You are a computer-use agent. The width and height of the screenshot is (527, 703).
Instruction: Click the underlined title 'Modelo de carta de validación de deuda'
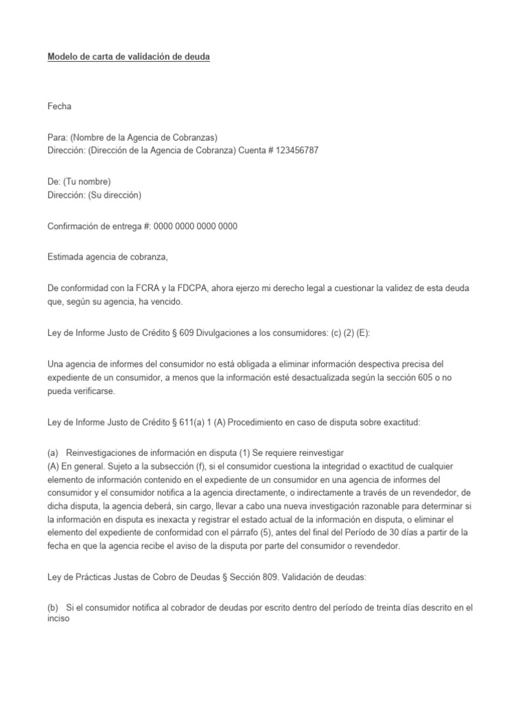[128, 58]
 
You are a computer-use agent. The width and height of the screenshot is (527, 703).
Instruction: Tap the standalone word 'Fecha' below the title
[59, 106]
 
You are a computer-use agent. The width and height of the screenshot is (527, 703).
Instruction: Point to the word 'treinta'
[371, 590]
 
